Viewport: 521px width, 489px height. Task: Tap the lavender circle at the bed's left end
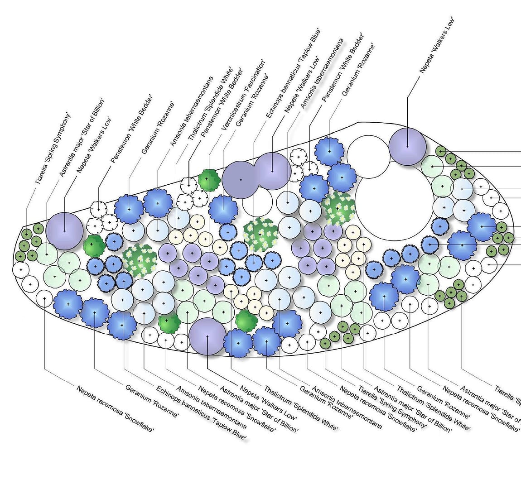point(65,230)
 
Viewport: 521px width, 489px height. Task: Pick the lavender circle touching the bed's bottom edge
point(207,336)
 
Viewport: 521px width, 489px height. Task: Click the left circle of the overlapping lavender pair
point(241,179)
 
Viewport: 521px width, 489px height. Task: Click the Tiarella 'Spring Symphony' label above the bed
point(53,147)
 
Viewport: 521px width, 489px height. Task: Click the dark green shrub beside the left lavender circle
point(94,246)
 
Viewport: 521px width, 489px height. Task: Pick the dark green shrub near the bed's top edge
point(208,179)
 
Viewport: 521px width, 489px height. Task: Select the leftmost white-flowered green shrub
point(139,260)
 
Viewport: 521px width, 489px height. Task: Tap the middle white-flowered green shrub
point(261,234)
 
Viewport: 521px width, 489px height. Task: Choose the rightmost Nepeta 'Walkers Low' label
point(436,45)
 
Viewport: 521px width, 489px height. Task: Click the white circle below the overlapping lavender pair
point(257,203)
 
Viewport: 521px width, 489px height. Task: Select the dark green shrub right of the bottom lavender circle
point(246,321)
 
